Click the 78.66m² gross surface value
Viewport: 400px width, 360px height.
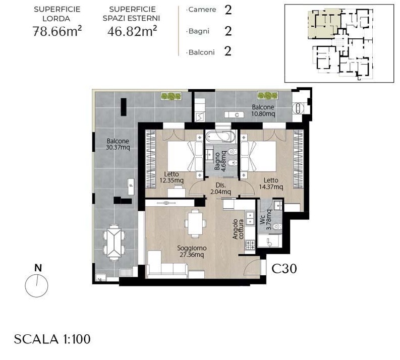point(57,31)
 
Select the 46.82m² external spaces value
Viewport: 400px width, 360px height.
point(132,31)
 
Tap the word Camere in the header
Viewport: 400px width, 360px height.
point(202,10)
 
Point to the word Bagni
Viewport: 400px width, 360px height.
point(199,31)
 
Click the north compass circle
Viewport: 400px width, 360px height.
point(36,286)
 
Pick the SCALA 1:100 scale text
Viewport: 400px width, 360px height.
point(52,339)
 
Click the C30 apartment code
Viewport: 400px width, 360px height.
point(284,268)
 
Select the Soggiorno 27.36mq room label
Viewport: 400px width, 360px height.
point(192,252)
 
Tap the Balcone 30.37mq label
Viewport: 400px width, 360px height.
point(118,144)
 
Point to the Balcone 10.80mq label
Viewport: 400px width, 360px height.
point(263,110)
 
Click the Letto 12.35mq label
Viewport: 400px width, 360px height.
point(172,177)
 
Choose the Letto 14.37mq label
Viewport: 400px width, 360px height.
point(271,184)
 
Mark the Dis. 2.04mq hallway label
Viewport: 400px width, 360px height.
point(220,189)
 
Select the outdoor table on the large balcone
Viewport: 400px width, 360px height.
point(115,243)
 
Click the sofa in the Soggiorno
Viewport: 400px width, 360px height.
point(167,264)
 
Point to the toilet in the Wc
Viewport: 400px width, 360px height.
point(276,226)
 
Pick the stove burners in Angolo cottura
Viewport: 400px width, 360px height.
point(250,245)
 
